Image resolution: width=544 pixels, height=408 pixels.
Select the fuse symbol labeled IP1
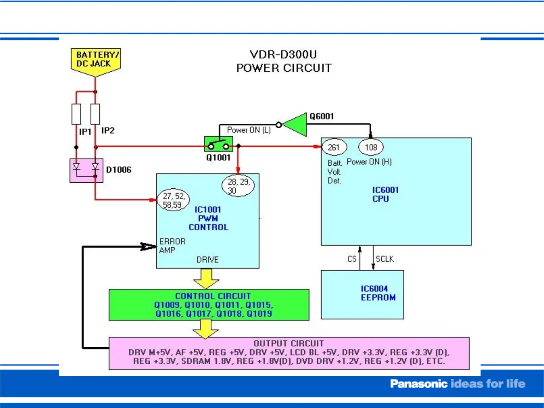pyautogui.click(x=76, y=114)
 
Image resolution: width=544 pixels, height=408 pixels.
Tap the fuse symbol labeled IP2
pyautogui.click(x=96, y=114)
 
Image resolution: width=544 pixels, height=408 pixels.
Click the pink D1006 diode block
pyautogui.click(x=86, y=170)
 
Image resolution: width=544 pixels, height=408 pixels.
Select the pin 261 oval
pyautogui.click(x=334, y=147)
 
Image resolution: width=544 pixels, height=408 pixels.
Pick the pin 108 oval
pyautogui.click(x=371, y=147)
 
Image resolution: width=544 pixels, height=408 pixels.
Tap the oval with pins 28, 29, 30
pyautogui.click(x=238, y=186)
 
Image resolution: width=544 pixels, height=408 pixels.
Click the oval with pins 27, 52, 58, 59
pyautogui.click(x=173, y=200)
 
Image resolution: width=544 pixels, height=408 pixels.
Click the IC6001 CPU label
pyautogui.click(x=385, y=194)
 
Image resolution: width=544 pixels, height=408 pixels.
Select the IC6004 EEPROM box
pyautogui.click(x=362, y=294)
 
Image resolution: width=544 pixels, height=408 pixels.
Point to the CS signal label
pyautogui.click(x=351, y=259)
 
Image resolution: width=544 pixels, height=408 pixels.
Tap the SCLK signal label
pyautogui.click(x=385, y=259)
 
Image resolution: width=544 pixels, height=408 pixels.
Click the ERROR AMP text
pyautogui.click(x=172, y=246)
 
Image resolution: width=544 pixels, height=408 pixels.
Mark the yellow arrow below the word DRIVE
pyautogui.click(x=206, y=279)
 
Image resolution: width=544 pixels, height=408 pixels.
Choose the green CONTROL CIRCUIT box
pyautogui.click(x=209, y=305)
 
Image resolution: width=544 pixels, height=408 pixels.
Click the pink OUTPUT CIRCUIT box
pyautogui.click(x=289, y=353)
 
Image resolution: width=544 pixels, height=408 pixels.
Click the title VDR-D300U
pyautogui.click(x=283, y=54)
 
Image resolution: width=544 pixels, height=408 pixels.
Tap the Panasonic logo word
pyautogui.click(x=418, y=384)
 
